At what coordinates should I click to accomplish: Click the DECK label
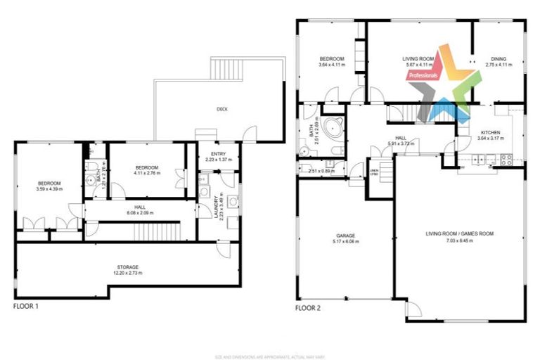coord(223,108)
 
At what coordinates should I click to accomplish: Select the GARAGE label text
coord(345,236)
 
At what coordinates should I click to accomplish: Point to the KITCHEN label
coord(491,132)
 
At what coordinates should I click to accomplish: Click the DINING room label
coord(498,58)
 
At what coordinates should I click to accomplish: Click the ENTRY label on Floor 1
coord(217,154)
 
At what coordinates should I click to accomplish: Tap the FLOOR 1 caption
coord(26,307)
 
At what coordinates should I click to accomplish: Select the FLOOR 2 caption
coord(307,308)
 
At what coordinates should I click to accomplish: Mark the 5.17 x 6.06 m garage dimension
coord(345,242)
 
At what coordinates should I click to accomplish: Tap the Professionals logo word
coord(423,74)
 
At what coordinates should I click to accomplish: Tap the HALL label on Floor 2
coord(401,138)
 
